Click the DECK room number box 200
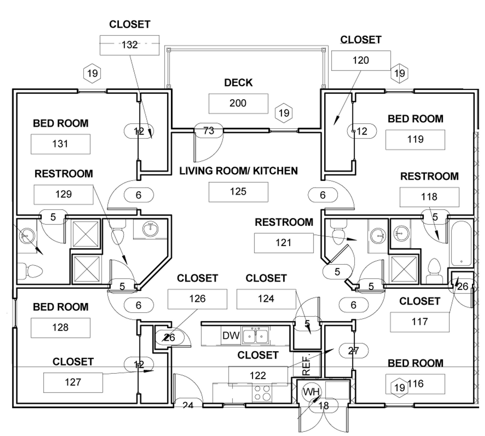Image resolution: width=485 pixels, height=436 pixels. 238,103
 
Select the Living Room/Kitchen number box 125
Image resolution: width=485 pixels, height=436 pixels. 238,192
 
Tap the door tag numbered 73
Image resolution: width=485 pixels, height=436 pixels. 209,131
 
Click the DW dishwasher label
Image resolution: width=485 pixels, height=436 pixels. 231,336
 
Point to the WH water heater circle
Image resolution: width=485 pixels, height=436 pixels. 311,392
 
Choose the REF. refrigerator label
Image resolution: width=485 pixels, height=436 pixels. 306,365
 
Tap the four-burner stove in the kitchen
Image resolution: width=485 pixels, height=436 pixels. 262,393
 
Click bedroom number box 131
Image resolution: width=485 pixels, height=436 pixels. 60,144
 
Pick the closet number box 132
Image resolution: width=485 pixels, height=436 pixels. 129,45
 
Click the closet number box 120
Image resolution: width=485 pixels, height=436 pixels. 361,60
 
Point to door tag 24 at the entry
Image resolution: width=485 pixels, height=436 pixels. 188,405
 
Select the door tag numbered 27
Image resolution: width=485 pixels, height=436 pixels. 353,351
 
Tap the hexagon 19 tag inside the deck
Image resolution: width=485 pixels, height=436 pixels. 284,113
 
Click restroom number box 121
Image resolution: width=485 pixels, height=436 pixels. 283,243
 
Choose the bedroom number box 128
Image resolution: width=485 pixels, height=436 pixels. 60,328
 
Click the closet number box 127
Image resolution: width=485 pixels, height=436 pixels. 73,382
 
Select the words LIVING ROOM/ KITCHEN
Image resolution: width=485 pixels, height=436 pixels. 238,171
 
